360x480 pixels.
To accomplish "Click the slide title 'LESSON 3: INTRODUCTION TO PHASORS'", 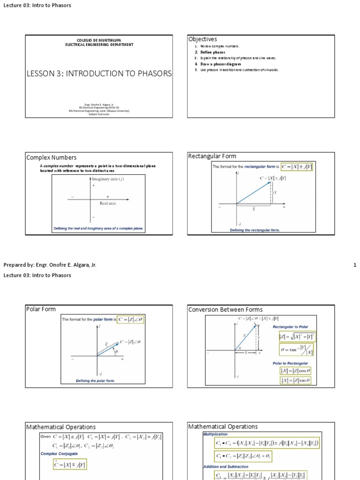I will tap(99, 74).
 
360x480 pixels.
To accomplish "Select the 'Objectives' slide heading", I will tap(202, 39).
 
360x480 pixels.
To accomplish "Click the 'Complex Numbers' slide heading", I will tap(52, 157).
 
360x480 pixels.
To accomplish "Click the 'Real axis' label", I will tap(108, 203).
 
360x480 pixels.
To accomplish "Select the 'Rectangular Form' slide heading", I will tap(212, 156).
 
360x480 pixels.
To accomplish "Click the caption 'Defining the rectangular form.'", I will tap(255, 230).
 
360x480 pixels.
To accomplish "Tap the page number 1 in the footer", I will tap(355, 265).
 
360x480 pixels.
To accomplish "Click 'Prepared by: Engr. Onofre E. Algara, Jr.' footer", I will tap(50, 265).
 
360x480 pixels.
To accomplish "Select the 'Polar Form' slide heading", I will tap(41, 309).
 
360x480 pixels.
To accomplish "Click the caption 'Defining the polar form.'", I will tap(95, 381).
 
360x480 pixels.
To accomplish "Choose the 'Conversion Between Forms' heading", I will tap(225, 309).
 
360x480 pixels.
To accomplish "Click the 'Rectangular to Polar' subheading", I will tap(291, 327).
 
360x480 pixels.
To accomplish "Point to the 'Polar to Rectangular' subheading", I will tap(291, 363).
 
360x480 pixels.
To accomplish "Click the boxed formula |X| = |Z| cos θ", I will tap(295, 371).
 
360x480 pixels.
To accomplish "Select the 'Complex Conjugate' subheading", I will tap(59, 454).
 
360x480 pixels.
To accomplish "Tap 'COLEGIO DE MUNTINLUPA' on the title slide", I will tap(99, 41).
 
